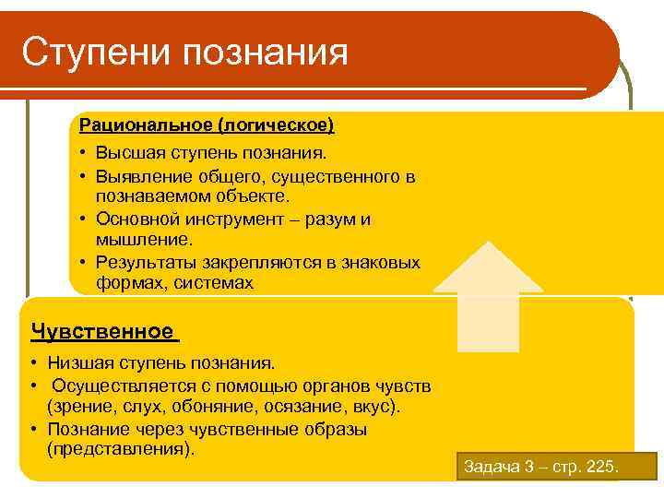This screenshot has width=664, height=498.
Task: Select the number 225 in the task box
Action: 600,467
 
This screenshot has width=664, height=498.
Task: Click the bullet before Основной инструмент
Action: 83,219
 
